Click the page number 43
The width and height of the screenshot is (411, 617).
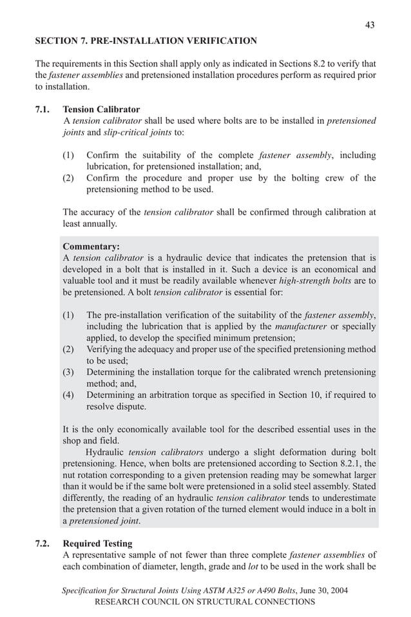point(369,25)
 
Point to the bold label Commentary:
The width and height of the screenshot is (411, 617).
point(91,246)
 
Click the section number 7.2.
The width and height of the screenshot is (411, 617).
point(43,544)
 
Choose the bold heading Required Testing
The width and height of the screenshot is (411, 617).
point(97,544)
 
